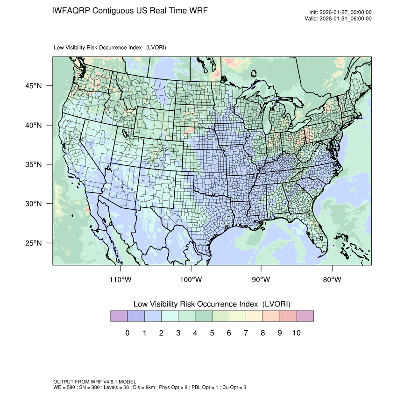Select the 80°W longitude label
click(x=332, y=280)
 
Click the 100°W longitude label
click(x=191, y=280)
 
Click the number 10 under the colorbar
click(x=296, y=333)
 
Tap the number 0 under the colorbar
click(x=128, y=333)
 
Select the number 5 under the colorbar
click(x=212, y=333)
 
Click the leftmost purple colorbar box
click(x=119, y=316)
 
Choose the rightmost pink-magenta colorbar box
click(x=305, y=316)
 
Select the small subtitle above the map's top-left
click(x=110, y=48)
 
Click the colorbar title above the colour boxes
click(x=212, y=304)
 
